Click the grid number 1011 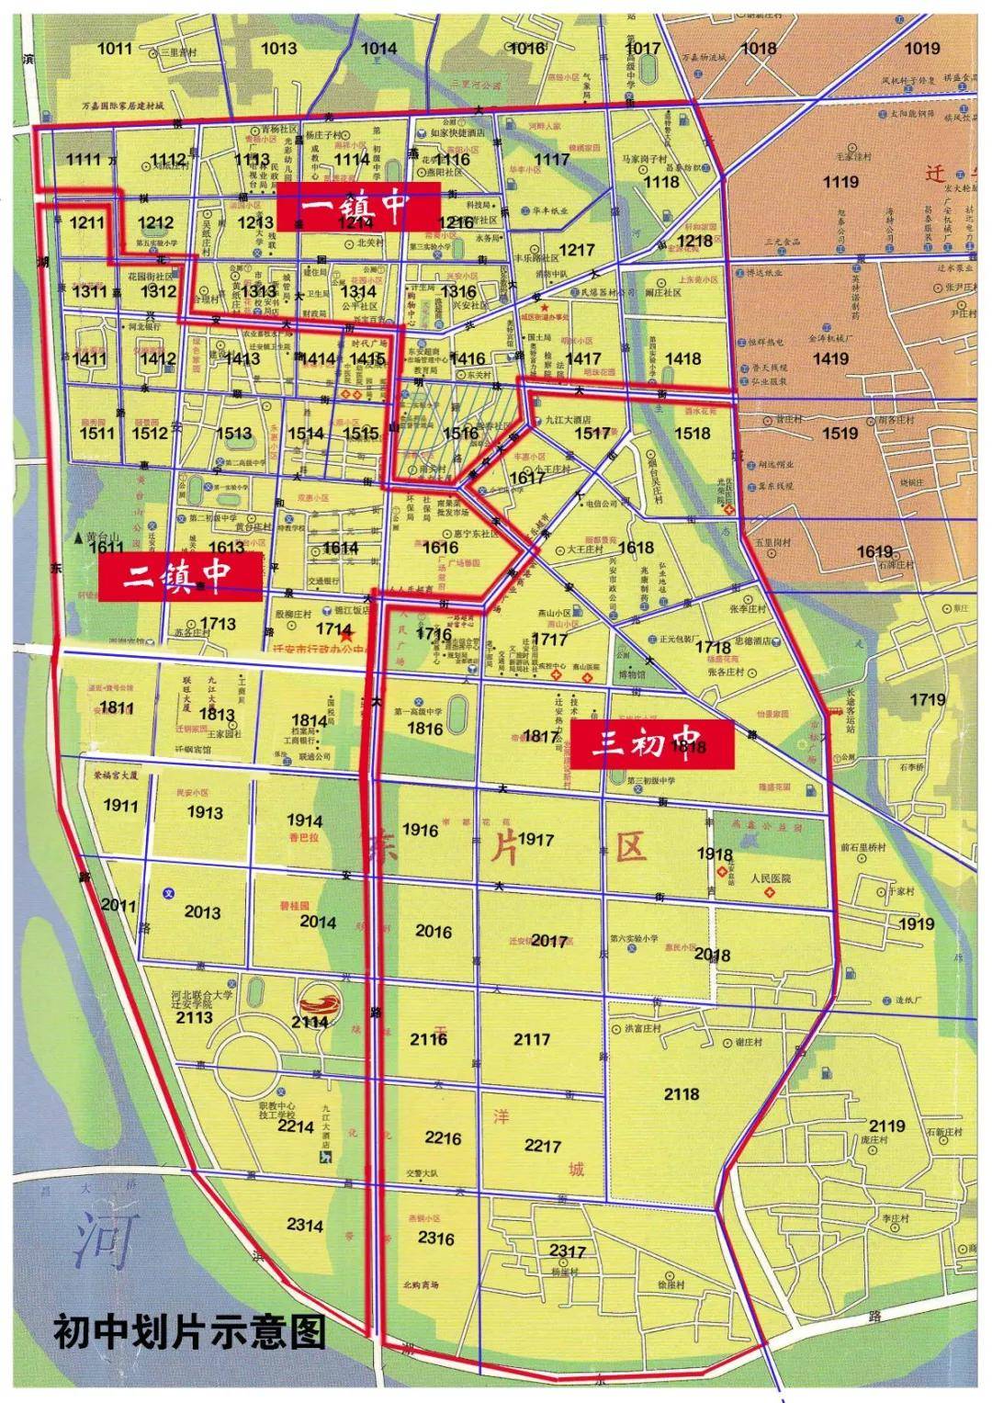pos(114,49)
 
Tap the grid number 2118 pos(682,1093)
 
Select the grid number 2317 pos(567,1250)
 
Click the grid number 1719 pos(927,699)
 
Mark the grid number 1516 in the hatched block pos(461,433)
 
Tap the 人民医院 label pos(770,878)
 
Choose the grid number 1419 pos(829,358)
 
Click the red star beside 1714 pos(345,634)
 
